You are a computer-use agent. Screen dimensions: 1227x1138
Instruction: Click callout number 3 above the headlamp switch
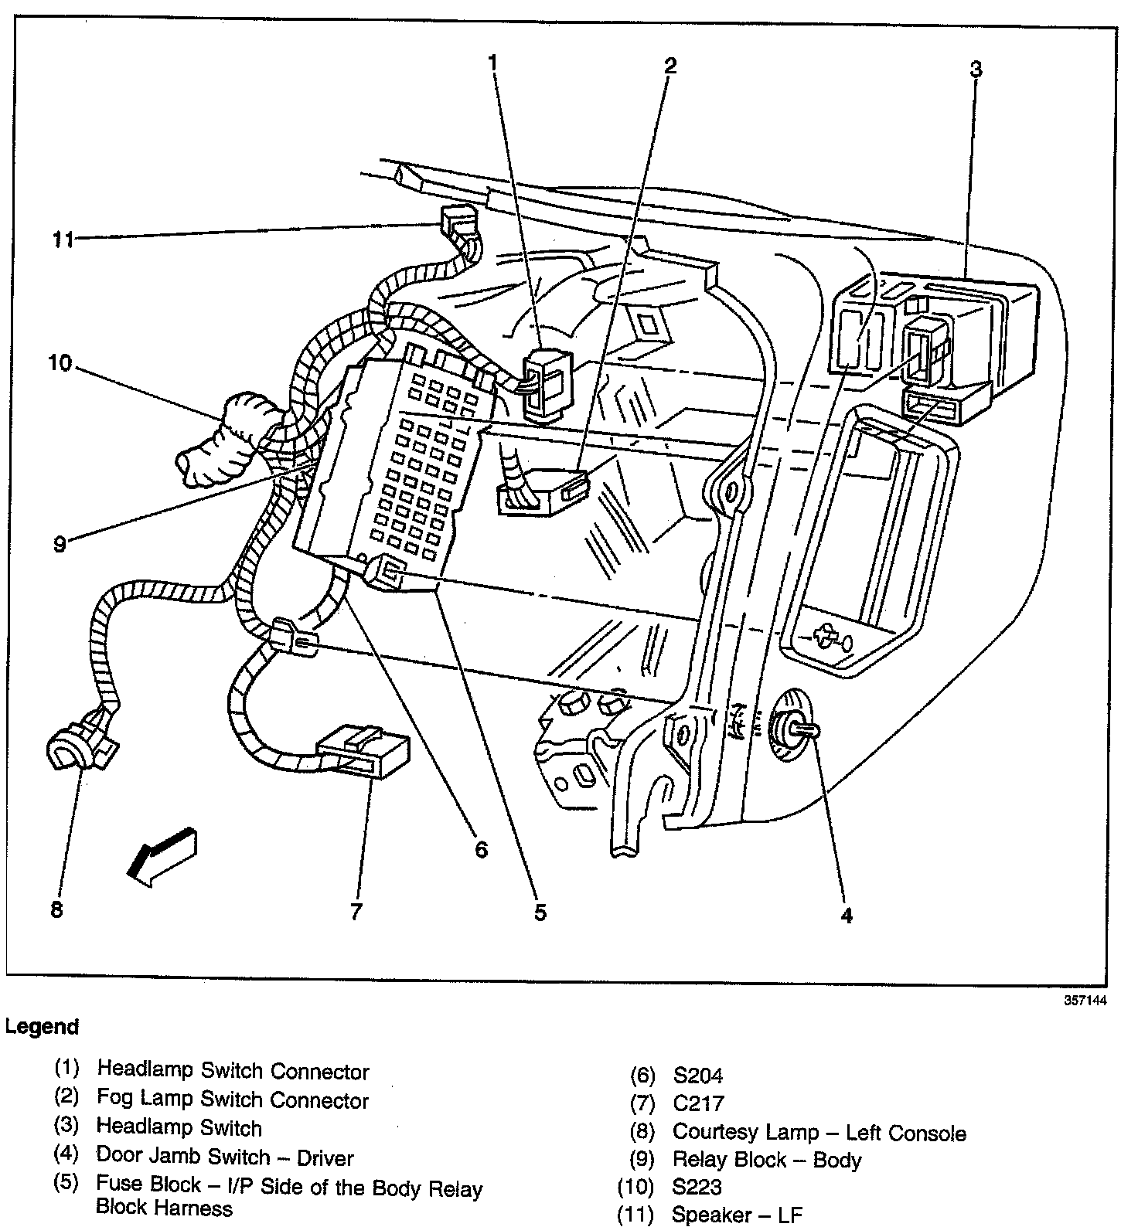coord(976,70)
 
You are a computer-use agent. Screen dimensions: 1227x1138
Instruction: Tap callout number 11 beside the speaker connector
coord(63,240)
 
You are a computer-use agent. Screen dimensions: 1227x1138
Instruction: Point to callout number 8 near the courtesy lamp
coord(56,909)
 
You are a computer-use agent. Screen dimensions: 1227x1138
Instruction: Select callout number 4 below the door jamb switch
coord(847,916)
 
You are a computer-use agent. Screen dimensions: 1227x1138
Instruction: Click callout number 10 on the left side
coord(59,362)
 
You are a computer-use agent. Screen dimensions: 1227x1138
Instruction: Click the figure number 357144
coord(1085,1000)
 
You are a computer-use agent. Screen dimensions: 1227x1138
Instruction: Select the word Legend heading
coord(42,1027)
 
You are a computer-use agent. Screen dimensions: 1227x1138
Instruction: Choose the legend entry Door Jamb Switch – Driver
coord(225,1157)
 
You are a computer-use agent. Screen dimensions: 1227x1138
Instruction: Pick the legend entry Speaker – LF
coord(737,1215)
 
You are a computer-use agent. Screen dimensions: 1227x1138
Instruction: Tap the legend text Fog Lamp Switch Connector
coord(233,1100)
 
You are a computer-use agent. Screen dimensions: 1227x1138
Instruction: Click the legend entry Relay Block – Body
coord(766,1160)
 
